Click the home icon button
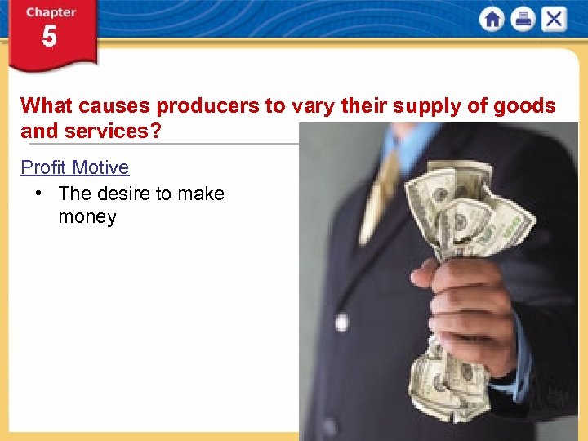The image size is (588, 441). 492,19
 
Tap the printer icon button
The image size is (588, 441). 523,19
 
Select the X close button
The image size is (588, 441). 554,19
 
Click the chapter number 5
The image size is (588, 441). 50,38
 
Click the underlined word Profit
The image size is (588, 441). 43,167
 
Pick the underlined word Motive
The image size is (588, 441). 100,167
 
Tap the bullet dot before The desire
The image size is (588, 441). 38,194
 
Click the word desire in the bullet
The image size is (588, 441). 122,194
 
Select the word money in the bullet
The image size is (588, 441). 87,217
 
